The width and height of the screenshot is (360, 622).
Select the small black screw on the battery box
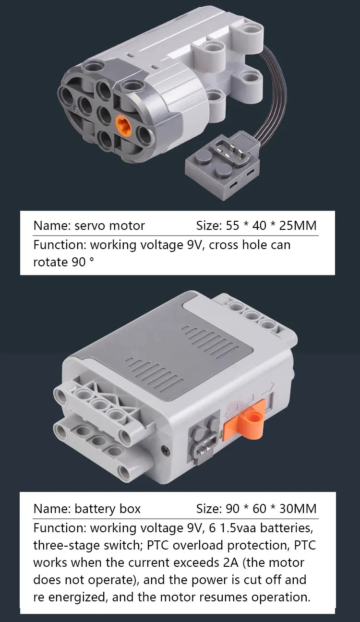[x=165, y=450]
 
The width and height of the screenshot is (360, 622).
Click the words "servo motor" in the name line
[x=109, y=226]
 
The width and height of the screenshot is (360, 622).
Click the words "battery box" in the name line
[x=108, y=509]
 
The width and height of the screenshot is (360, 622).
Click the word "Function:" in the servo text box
[x=60, y=245]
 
